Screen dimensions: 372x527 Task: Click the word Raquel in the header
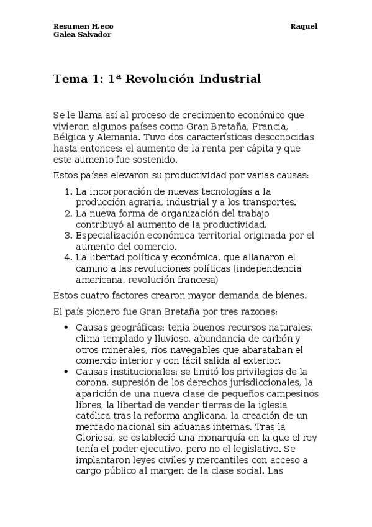pyautogui.click(x=304, y=26)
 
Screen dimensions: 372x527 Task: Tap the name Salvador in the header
pyautogui.click(x=95, y=35)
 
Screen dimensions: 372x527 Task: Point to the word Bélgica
pyautogui.click(x=71, y=137)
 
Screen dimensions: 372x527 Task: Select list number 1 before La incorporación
pyautogui.click(x=68, y=191)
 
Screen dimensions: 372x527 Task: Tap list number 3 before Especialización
pyautogui.click(x=68, y=236)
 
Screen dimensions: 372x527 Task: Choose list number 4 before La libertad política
pyautogui.click(x=68, y=257)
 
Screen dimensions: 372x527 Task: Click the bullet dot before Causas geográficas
pyautogui.click(x=66, y=328)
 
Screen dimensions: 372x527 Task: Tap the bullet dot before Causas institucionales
pyautogui.click(x=66, y=372)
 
